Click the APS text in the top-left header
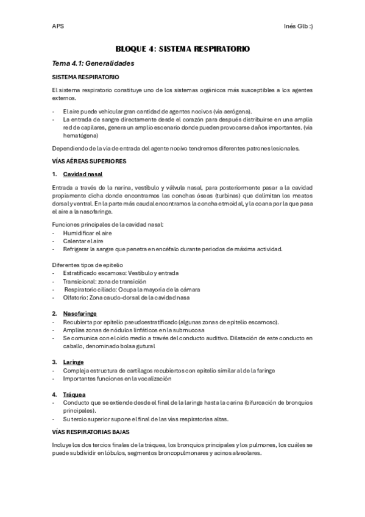coord(58,26)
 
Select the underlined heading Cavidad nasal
coord(82,174)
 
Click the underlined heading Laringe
coord(73,362)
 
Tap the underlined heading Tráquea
coord(74,394)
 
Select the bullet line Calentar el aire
coord(83,241)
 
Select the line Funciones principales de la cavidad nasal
coord(108,225)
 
